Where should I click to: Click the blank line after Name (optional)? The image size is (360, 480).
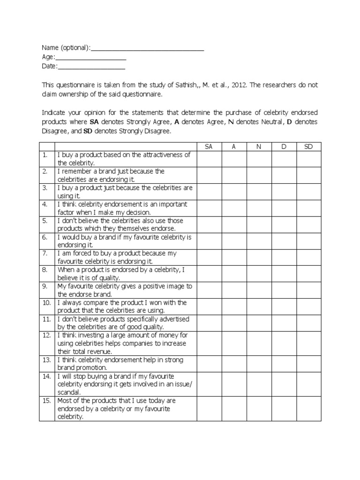pyautogui.click(x=147, y=49)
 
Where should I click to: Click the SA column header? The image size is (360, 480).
pyautogui.click(x=209, y=147)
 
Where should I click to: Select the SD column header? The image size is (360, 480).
pyautogui.click(x=308, y=147)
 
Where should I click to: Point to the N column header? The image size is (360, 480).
pyautogui.click(x=258, y=147)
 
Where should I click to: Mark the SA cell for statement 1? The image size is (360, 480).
pyautogui.click(x=209, y=159)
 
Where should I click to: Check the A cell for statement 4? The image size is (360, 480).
pyautogui.click(x=233, y=208)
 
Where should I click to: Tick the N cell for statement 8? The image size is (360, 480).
pyautogui.click(x=258, y=274)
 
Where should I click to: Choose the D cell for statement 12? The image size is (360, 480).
pyautogui.click(x=283, y=343)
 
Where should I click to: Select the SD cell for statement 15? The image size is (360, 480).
pyautogui.click(x=308, y=408)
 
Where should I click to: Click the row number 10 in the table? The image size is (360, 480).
pyautogui.click(x=46, y=303)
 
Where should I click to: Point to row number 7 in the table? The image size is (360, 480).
pyautogui.click(x=45, y=254)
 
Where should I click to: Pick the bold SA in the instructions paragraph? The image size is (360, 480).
pyautogui.click(x=94, y=122)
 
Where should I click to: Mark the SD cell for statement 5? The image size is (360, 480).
pyautogui.click(x=308, y=225)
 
